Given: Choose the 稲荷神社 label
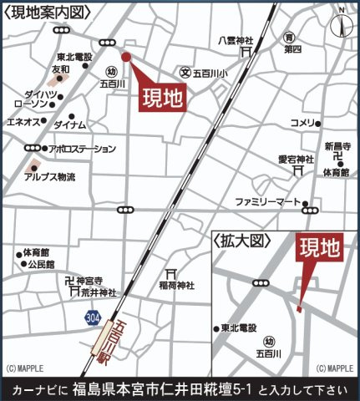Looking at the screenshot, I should [176, 286].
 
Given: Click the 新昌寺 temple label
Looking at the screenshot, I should [339, 144].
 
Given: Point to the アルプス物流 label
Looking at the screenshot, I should [49, 177].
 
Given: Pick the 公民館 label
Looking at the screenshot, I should [40, 264].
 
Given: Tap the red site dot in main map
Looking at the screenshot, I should [126, 57].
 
